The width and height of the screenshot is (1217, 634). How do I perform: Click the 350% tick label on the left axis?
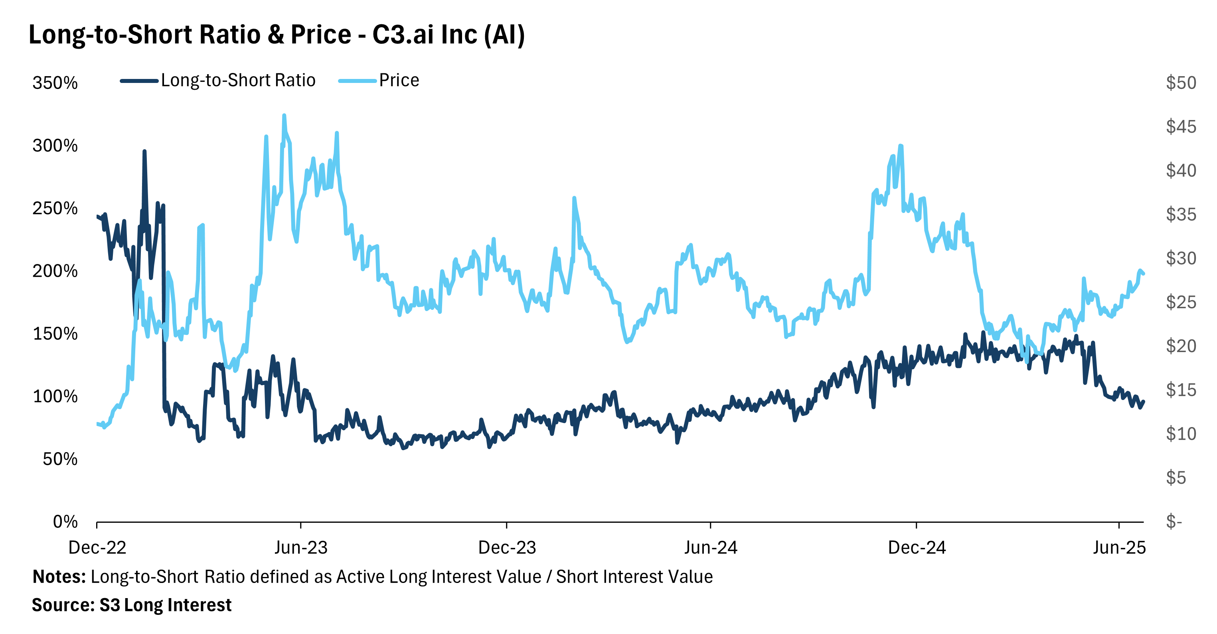coord(55,83)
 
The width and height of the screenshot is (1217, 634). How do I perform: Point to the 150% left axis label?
coord(55,334)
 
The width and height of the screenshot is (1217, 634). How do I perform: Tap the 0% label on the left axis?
coord(65,522)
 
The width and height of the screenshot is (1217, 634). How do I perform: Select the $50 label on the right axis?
coord(1181,83)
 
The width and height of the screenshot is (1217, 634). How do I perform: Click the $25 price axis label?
coord(1181,302)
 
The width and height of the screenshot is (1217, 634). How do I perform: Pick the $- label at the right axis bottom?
coord(1174,522)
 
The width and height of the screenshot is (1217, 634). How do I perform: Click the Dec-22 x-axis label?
coord(97,547)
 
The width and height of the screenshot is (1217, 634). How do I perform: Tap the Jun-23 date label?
coord(301,547)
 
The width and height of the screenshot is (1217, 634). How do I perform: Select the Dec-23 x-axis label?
coord(507,547)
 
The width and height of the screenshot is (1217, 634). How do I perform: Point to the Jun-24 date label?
coord(711,547)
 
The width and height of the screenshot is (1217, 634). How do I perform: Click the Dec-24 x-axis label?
coord(917,547)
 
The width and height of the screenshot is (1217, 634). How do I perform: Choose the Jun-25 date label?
coord(1119,547)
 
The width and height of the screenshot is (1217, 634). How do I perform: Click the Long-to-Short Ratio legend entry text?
coord(238,81)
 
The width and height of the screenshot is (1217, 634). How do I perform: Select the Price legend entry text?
coord(399,81)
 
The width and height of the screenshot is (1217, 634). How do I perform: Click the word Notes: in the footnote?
coord(59,577)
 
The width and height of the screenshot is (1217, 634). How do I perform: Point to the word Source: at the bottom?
coord(63,605)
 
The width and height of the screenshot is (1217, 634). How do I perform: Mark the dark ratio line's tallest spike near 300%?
coord(144,152)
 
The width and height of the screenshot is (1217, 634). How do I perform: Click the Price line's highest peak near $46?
coord(284,115)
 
